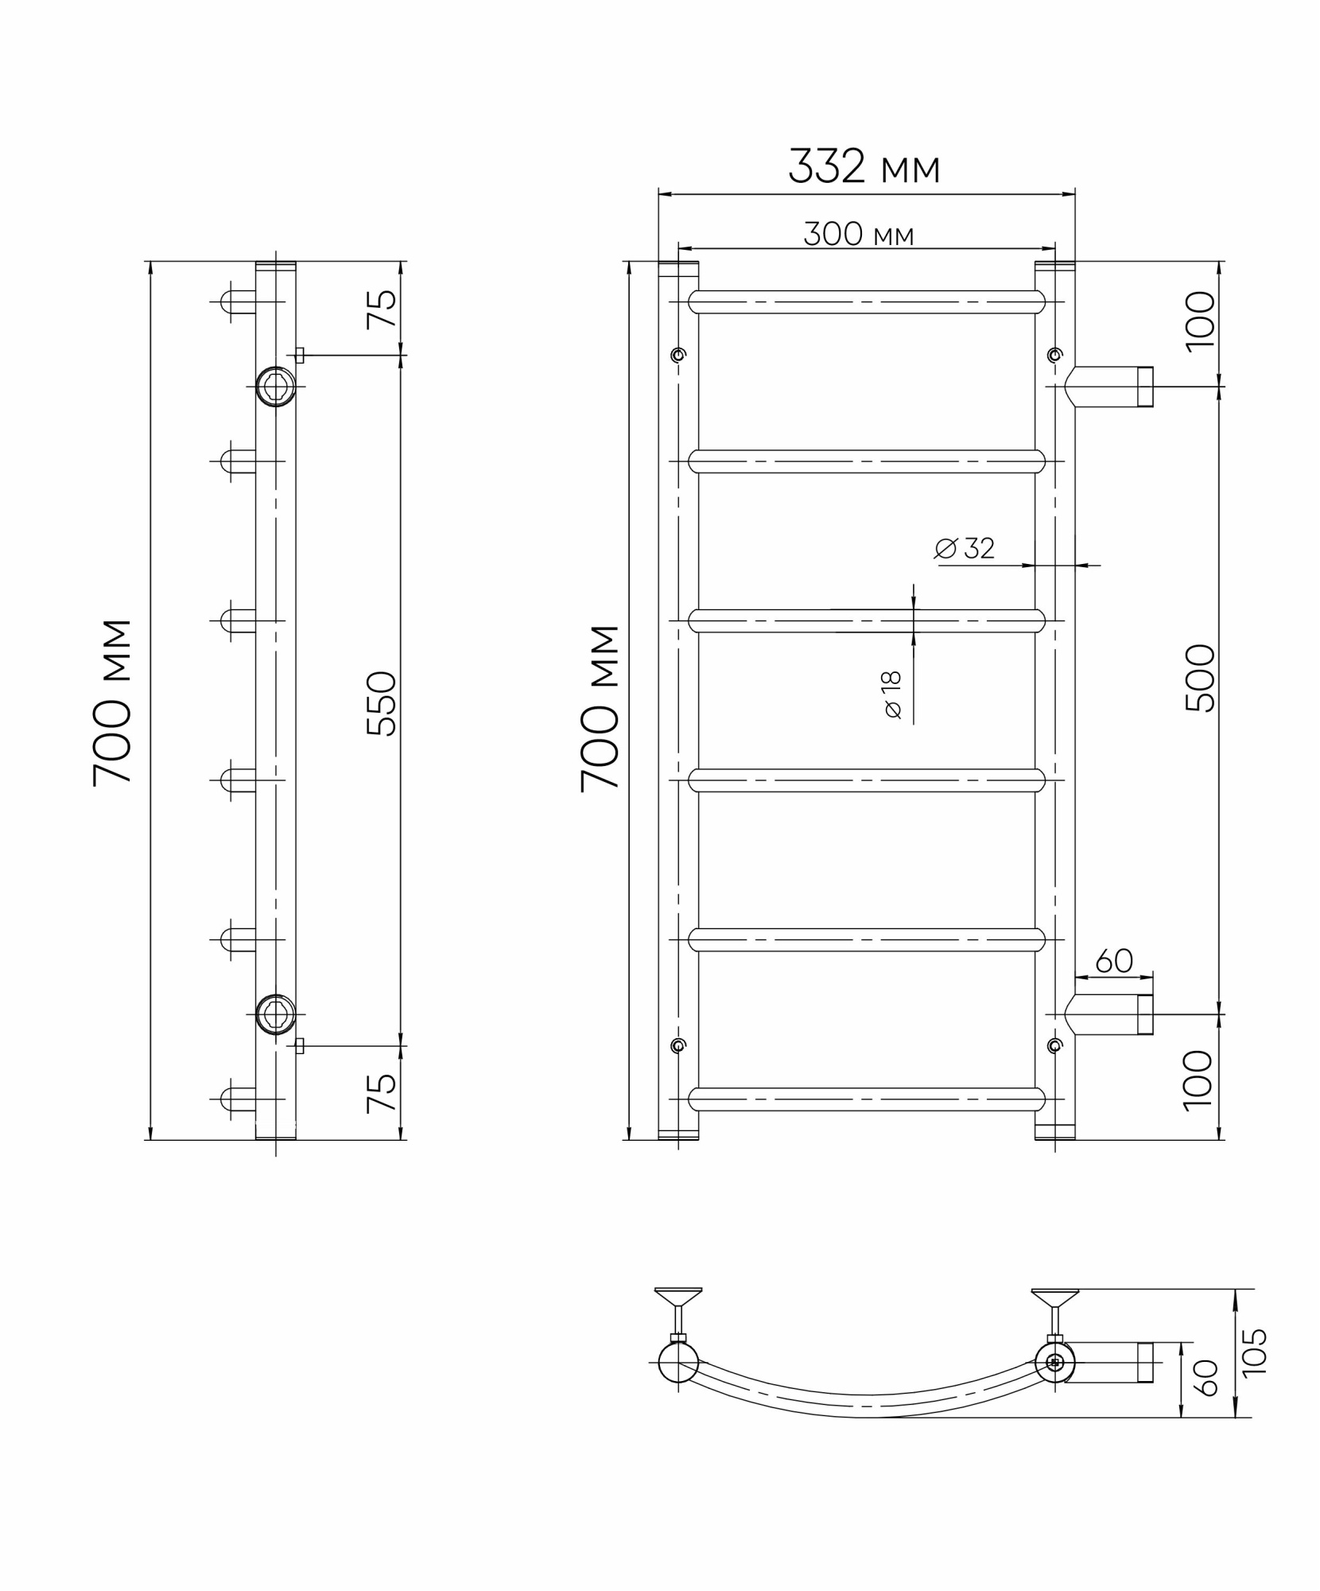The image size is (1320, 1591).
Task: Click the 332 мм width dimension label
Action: tap(864, 167)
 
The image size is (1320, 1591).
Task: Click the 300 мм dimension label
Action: tap(858, 235)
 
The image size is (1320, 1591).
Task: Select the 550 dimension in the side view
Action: tap(382, 703)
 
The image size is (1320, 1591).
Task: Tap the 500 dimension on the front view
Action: tap(1200, 678)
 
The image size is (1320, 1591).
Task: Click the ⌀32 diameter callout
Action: tap(965, 548)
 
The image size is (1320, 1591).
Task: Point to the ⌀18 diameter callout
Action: tap(892, 694)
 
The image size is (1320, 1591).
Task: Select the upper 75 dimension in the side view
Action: tap(382, 309)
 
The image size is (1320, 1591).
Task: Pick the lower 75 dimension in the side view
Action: tap(382, 1093)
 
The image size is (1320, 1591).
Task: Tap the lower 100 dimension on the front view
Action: tap(1200, 1079)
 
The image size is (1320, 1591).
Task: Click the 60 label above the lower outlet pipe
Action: tap(1113, 961)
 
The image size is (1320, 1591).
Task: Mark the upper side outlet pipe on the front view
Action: tap(1109, 387)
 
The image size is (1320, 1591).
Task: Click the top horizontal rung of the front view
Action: tap(866, 302)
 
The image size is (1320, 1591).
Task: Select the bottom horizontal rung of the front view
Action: tap(866, 1099)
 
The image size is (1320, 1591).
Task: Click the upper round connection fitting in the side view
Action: tap(276, 387)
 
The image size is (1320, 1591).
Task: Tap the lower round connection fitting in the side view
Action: tap(276, 1014)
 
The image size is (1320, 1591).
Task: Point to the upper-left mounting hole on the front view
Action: tap(677, 354)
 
